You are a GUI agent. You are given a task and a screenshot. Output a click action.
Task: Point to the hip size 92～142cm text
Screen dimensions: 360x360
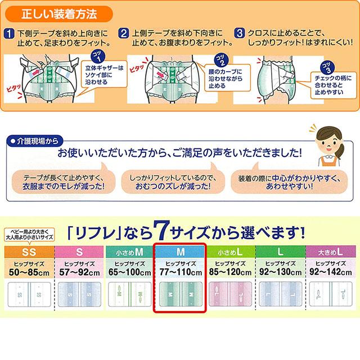click(x=331, y=272)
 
